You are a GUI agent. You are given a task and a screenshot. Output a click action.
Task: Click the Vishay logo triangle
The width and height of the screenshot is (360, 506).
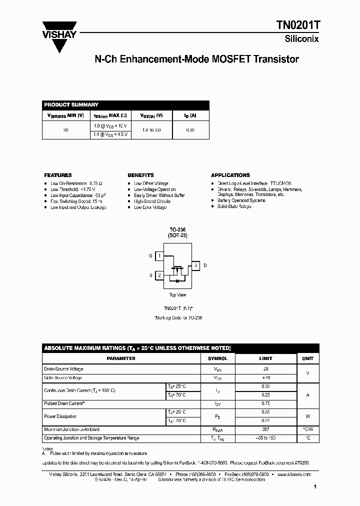[59, 42]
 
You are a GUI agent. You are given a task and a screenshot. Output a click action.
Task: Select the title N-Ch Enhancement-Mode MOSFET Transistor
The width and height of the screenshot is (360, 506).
[196, 59]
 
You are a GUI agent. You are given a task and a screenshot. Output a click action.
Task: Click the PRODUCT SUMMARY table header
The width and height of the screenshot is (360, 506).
[71, 104]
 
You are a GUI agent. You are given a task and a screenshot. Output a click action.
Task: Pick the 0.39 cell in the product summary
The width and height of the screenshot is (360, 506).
[190, 129]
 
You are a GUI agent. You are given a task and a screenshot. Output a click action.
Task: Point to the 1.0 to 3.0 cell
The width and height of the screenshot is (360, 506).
[151, 129]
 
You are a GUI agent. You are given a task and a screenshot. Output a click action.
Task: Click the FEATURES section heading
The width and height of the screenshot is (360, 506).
[58, 175]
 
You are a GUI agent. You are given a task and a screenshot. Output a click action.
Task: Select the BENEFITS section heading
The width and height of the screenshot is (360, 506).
[140, 175]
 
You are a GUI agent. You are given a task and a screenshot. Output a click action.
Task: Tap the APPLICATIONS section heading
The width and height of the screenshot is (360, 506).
[230, 175]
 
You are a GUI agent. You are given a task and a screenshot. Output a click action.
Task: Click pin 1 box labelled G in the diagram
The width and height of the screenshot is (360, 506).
[159, 256]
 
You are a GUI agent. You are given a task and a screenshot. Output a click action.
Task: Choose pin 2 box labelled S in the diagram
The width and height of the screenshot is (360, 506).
[159, 275]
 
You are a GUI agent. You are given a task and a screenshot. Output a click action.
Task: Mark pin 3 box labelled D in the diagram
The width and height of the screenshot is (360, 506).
[196, 265]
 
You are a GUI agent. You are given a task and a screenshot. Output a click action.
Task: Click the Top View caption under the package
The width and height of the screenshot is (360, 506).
[177, 295]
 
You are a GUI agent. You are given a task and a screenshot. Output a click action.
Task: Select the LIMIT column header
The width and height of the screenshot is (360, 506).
[265, 358]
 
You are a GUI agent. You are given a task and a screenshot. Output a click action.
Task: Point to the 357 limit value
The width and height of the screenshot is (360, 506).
[265, 429]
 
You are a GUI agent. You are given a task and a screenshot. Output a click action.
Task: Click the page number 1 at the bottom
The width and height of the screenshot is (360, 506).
[315, 486]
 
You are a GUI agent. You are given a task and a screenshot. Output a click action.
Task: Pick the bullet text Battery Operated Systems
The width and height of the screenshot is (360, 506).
[241, 200]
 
